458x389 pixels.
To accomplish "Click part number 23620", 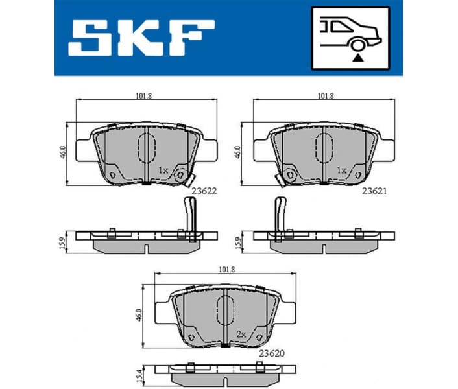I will point(272,353).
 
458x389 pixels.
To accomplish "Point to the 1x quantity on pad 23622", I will point(163,171).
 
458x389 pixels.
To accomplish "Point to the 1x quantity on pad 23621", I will point(341,171).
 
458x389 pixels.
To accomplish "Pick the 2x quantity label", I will point(241,334).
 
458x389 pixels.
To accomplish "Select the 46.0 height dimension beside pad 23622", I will point(63,152).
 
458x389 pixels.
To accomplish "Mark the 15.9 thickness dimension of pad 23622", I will point(63,241).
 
